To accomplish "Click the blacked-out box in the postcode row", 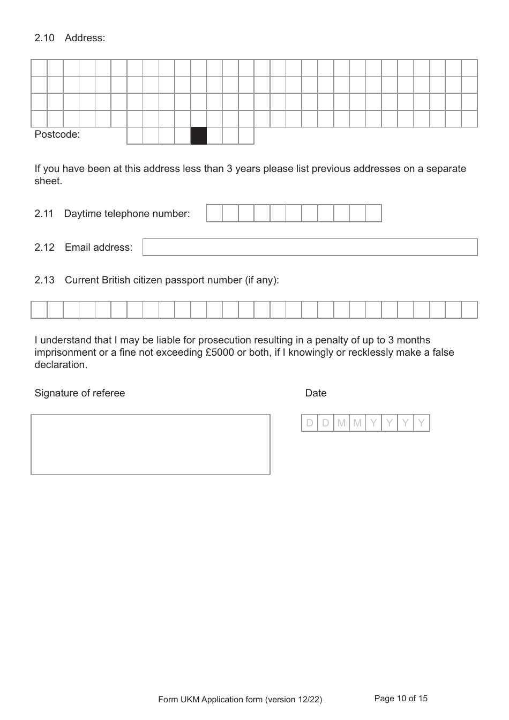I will [x=199, y=136].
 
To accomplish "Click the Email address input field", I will [x=310, y=247].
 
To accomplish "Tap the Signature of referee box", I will [x=151, y=444].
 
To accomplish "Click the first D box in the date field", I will [x=310, y=423].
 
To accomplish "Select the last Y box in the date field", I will [x=422, y=423].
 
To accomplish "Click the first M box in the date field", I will [x=341, y=423].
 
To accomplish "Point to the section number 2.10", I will [x=44, y=38].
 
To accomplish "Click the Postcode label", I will [x=57, y=134].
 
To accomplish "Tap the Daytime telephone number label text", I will [x=127, y=214].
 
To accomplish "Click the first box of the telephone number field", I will [x=214, y=213].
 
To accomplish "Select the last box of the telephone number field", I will [x=373, y=213].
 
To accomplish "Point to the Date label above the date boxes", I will [x=316, y=393].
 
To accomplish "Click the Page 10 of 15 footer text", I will [x=401, y=699].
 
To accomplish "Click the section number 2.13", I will [x=44, y=280].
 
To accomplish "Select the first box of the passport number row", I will [x=39, y=310].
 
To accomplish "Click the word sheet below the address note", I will [x=48, y=181].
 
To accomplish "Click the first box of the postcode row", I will [x=135, y=136].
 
